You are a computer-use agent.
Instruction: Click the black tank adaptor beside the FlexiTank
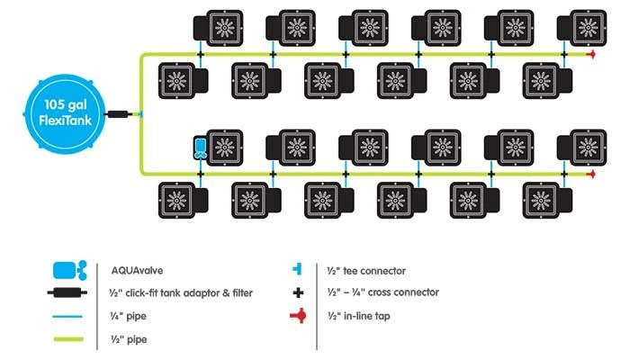click(x=118, y=115)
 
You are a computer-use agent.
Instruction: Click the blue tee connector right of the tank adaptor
click(x=141, y=115)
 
